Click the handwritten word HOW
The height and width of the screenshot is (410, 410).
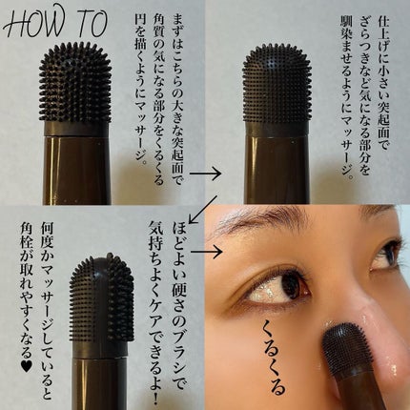coord(32,23)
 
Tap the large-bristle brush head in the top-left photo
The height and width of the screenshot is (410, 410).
coord(75,84)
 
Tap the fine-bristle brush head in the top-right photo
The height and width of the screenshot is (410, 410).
coord(277,84)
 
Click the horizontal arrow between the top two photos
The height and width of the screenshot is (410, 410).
coord(205,174)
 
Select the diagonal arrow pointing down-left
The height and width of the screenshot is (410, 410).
coord(203,210)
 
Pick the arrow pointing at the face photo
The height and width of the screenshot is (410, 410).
coord(207,252)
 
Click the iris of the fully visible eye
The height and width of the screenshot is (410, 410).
coord(291,285)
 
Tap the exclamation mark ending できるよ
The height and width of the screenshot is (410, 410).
coord(155,397)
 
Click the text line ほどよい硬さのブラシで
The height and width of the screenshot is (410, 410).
coord(180,305)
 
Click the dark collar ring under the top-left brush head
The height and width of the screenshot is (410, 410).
coord(75,129)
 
